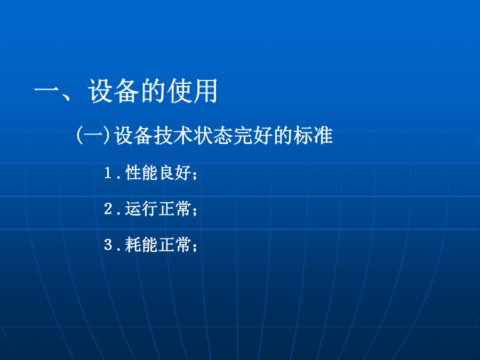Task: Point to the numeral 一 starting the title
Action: click(47, 91)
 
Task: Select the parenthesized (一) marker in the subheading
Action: click(93, 135)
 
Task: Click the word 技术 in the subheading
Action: click(173, 135)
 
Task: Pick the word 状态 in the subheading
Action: click(213, 135)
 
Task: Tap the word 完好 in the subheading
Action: click(253, 135)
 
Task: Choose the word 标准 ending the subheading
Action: click(313, 135)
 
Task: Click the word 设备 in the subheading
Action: click(133, 135)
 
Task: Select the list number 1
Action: click(107, 173)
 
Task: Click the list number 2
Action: click(108, 209)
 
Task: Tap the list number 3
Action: click(108, 245)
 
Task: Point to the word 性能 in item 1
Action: click(141, 173)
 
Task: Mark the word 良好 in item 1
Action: click(175, 173)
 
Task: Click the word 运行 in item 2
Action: click(141, 209)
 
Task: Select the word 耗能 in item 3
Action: click(141, 245)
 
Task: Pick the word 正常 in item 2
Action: click(175, 209)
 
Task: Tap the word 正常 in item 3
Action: click(175, 245)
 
